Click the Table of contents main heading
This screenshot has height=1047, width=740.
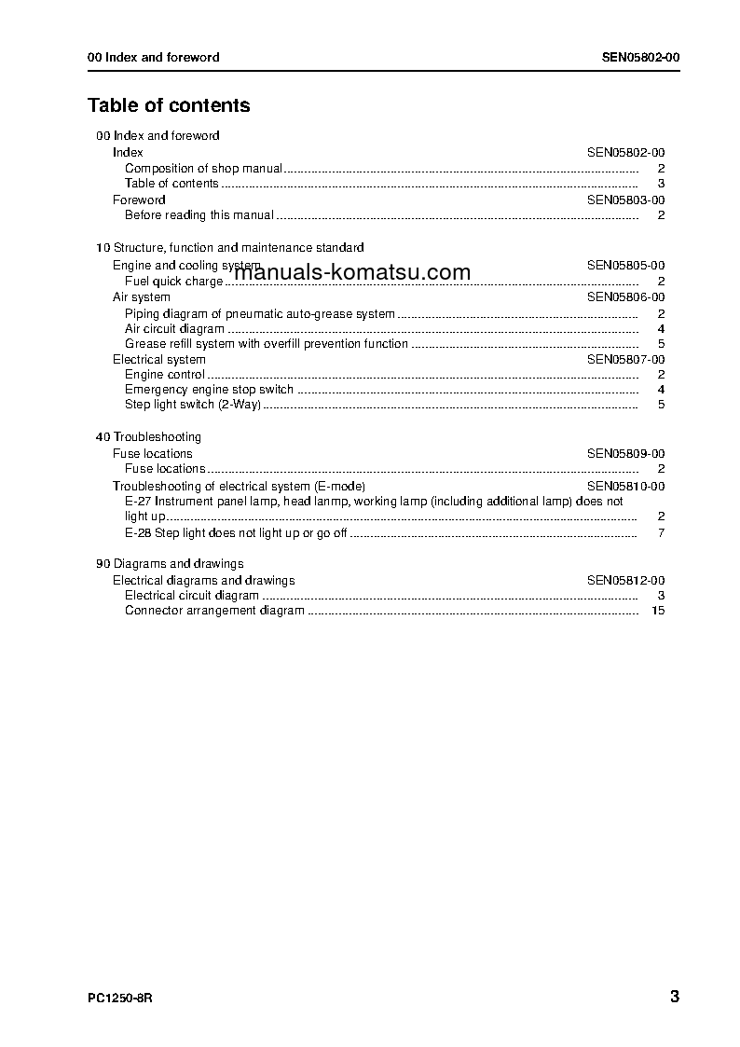(169, 105)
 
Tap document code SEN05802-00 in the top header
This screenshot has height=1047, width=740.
(640, 57)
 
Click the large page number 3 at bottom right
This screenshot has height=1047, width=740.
(674, 997)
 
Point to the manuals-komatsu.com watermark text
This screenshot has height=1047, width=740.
(352, 272)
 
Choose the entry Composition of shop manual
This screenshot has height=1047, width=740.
(203, 169)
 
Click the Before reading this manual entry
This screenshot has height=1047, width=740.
(199, 215)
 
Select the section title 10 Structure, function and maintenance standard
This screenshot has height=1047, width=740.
(229, 248)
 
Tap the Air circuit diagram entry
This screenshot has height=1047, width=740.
(174, 329)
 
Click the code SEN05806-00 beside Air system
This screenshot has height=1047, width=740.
(625, 297)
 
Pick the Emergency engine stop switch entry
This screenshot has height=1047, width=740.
(209, 390)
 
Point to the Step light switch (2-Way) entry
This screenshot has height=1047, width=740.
(193, 405)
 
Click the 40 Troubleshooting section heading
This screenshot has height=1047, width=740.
(148, 437)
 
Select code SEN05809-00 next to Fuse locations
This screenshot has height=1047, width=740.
(625, 454)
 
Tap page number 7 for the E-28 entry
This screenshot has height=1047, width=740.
(660, 533)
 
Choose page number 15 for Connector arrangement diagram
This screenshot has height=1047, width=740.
(658, 611)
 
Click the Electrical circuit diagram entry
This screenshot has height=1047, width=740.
(192, 596)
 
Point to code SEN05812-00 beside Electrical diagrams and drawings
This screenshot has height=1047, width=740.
(625, 581)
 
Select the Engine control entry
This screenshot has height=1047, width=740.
(165, 375)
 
